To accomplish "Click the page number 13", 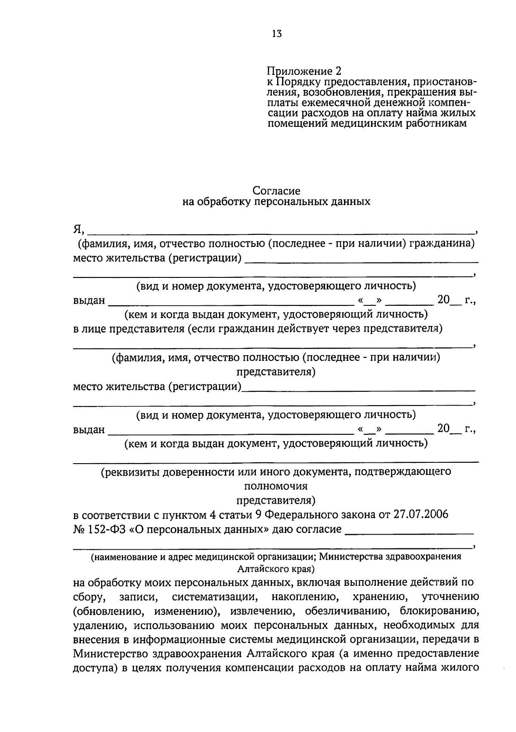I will click(x=276, y=34).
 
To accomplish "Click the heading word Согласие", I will click(x=276, y=191).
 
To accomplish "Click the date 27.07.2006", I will click(x=421, y=514).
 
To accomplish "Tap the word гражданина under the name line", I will click(x=442, y=244).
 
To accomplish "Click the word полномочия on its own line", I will click(x=276, y=486).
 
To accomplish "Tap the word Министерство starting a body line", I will click(x=111, y=654).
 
